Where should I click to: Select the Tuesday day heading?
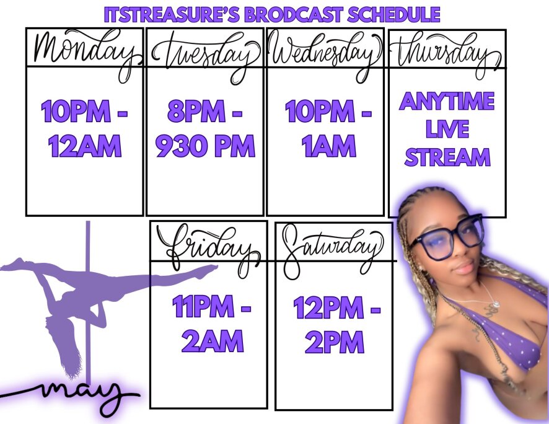206,55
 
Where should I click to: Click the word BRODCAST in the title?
294,15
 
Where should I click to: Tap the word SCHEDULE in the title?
394,15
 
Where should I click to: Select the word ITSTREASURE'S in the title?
172,15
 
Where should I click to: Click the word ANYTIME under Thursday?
447,101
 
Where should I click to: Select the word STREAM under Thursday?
447,157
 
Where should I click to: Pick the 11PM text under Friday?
203,306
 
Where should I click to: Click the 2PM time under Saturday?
335,342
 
